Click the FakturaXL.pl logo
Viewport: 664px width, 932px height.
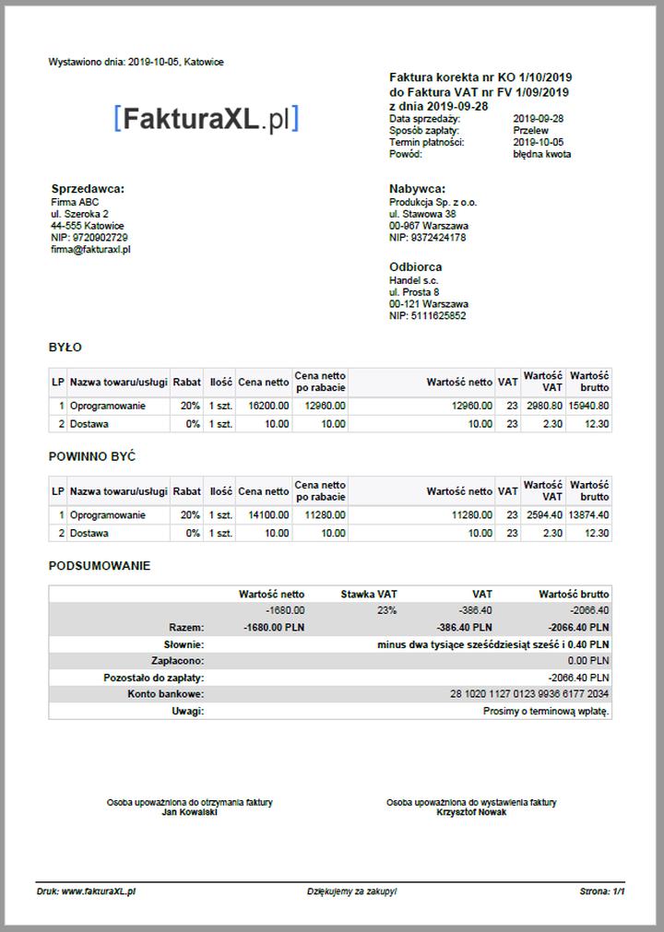pos(207,119)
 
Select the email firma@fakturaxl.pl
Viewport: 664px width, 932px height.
pos(90,250)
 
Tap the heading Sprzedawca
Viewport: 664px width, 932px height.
pos(88,189)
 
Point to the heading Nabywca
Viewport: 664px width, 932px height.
pos(417,189)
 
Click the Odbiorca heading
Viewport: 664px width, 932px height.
pos(415,267)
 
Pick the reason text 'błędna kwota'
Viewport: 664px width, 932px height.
pos(541,155)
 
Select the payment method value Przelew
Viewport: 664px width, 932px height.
pos(530,131)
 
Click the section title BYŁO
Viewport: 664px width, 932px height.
pos(65,348)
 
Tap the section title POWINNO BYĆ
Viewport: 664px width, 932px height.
pos(92,457)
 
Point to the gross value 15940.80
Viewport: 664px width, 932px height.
pos(588,406)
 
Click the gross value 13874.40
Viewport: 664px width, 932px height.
pos(588,515)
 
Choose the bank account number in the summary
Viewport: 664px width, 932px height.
pos(529,693)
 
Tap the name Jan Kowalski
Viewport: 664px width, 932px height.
pos(189,813)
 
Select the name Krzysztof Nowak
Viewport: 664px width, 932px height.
pos(471,813)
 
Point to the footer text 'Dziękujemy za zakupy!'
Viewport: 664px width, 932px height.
pos(352,892)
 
